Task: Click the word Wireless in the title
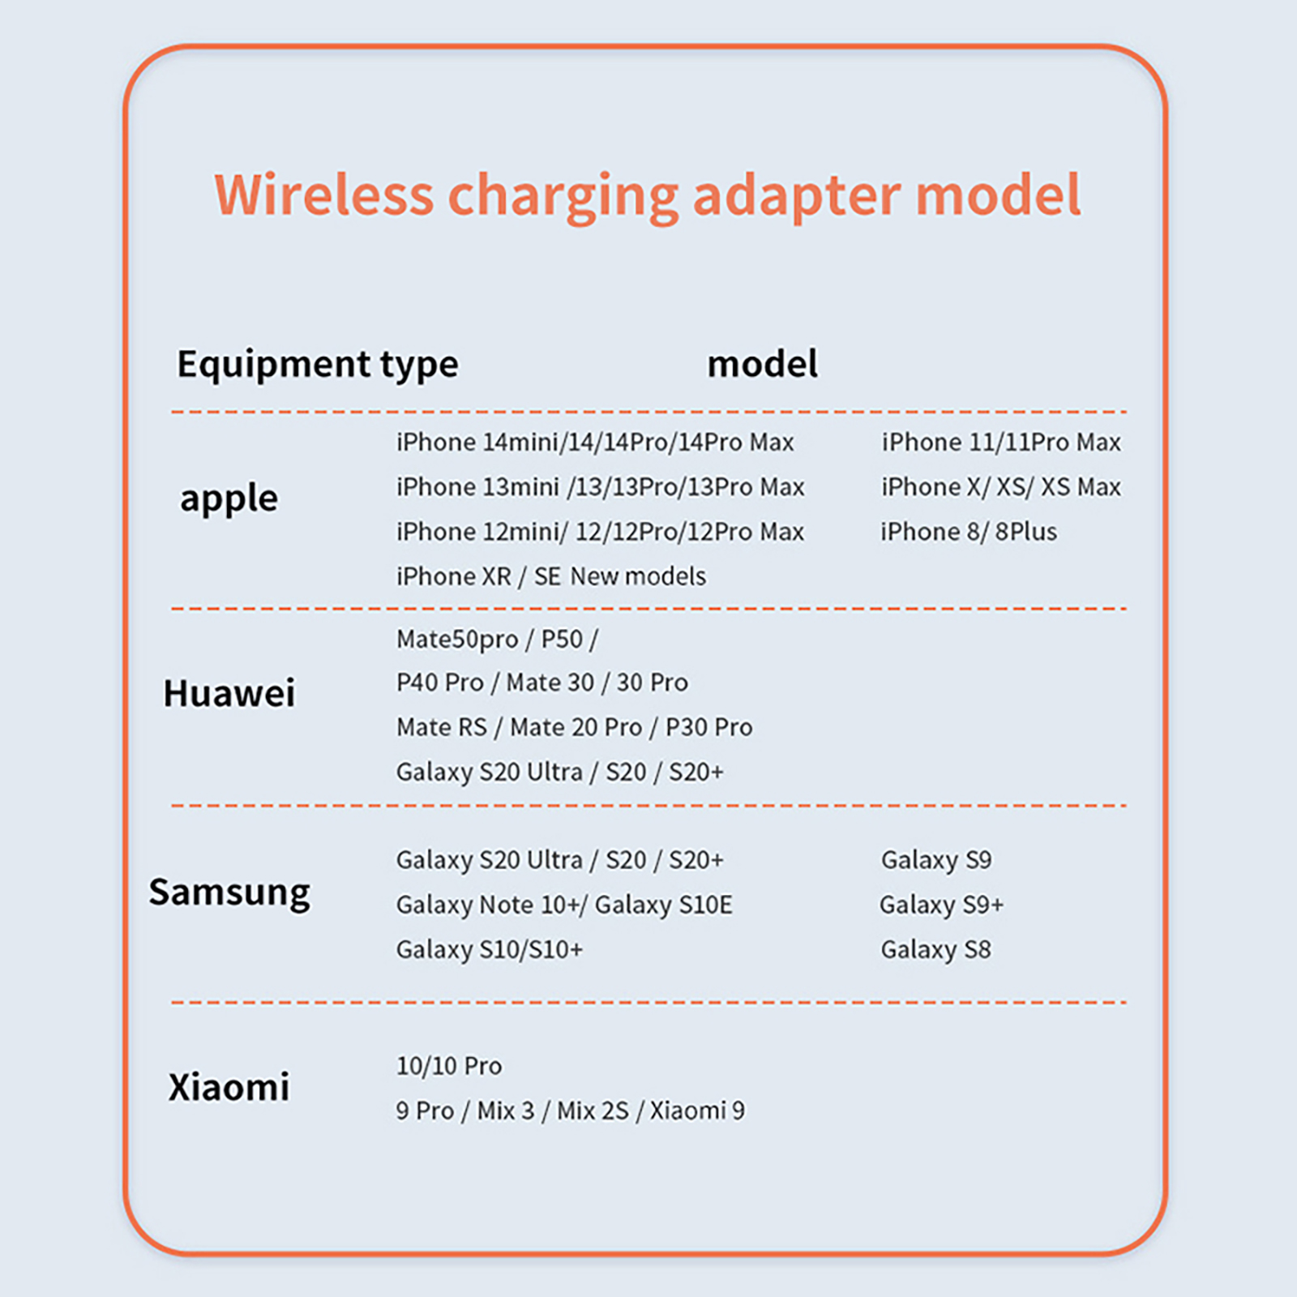[x=324, y=195]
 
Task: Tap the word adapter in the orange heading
[x=797, y=196]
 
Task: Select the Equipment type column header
[x=318, y=365]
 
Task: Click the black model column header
[x=763, y=364]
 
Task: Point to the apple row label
[x=229, y=499]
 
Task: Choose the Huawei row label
[x=229, y=693]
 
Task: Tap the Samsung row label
[x=229, y=892]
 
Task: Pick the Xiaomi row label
[x=229, y=1087]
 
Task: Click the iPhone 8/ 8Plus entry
[x=969, y=532]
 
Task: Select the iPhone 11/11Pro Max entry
[x=1001, y=443]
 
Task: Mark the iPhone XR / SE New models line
[x=551, y=576]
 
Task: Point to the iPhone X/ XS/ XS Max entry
[x=1001, y=487]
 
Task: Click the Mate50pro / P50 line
[x=497, y=640]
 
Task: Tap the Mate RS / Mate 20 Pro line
[x=574, y=727]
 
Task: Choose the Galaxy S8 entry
[x=936, y=950]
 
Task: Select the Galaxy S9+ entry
[x=942, y=905]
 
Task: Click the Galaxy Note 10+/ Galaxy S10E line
[x=564, y=905]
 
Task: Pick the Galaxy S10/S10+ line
[x=490, y=950]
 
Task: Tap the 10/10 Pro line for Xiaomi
[x=449, y=1066]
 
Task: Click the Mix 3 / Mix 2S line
[x=571, y=1111]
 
